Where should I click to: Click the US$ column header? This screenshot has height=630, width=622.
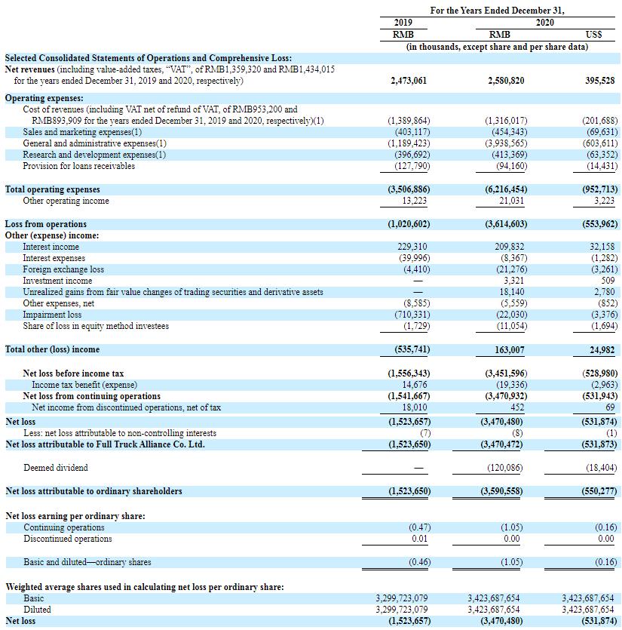(x=593, y=35)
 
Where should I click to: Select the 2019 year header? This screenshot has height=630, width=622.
(x=403, y=23)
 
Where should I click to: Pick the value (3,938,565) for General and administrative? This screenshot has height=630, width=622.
(x=505, y=143)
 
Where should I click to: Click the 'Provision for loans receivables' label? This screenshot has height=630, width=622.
(x=79, y=166)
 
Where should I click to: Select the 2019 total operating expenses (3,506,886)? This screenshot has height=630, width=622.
(x=409, y=189)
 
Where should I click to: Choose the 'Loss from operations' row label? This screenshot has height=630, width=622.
(x=46, y=224)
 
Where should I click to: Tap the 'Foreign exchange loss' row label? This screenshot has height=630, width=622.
(x=63, y=269)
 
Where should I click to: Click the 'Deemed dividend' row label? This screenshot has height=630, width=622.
(x=56, y=468)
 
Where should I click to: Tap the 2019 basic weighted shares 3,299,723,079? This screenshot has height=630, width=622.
(x=402, y=598)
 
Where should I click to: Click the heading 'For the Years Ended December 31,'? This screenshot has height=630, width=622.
(x=497, y=11)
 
